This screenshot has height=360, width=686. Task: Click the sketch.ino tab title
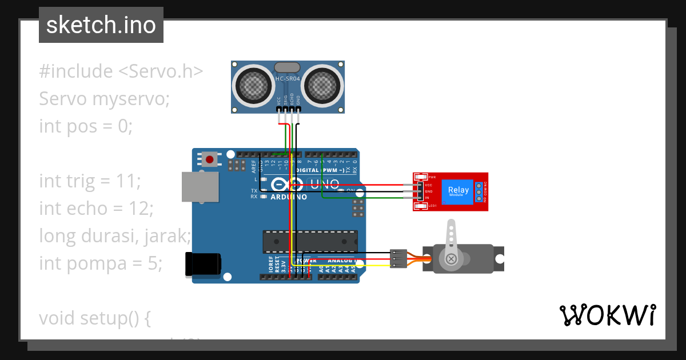coord(101,25)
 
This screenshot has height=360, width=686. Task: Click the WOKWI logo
coord(607,315)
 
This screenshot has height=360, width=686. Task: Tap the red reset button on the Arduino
coord(210,159)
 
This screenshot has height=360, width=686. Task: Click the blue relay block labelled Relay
coord(458,191)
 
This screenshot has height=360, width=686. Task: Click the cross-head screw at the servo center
coord(452,259)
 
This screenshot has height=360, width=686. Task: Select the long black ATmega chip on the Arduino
coord(310,242)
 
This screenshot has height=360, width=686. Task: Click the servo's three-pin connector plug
coord(398,258)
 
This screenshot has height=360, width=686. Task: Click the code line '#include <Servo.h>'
coord(121,71)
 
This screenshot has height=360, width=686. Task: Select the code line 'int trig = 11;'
coord(90,181)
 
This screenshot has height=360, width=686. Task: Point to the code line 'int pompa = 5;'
coord(101,263)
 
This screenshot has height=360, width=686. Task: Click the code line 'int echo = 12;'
coord(96,209)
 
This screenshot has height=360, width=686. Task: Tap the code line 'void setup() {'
coord(94,318)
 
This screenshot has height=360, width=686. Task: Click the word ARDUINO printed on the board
coord(289,197)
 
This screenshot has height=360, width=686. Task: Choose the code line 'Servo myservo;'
coord(105,99)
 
